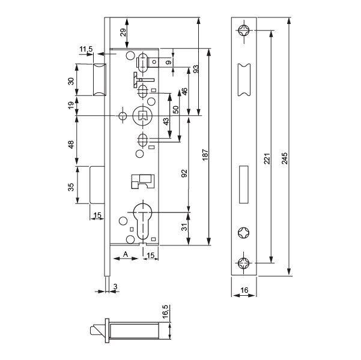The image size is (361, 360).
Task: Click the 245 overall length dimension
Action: tap(285, 158)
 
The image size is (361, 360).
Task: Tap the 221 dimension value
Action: tap(267, 158)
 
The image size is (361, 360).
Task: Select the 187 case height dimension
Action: tap(205, 155)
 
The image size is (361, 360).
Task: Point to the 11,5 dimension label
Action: tap(86, 49)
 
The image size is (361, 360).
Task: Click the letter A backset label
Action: tap(126, 254)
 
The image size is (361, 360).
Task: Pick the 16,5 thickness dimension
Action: tap(166, 312)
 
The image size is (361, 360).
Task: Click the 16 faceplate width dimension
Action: tap(244, 290)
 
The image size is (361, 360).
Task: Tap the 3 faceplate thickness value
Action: tap(115, 287)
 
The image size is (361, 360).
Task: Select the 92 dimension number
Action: tap(184, 173)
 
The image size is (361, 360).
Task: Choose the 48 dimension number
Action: tap(71, 145)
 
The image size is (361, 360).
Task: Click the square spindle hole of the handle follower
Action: tap(142, 115)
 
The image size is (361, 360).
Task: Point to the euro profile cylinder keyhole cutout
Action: tap(143, 221)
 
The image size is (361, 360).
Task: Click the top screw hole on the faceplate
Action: tap(244, 31)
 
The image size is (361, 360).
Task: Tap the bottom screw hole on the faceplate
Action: tap(244, 263)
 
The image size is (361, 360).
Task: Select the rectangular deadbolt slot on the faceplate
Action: tap(244, 184)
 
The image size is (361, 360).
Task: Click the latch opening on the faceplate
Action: tap(244, 80)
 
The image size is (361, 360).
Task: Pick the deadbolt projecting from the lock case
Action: tap(97, 185)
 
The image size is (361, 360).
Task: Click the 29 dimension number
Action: tap(123, 32)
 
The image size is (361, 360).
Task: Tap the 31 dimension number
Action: tap(184, 227)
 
